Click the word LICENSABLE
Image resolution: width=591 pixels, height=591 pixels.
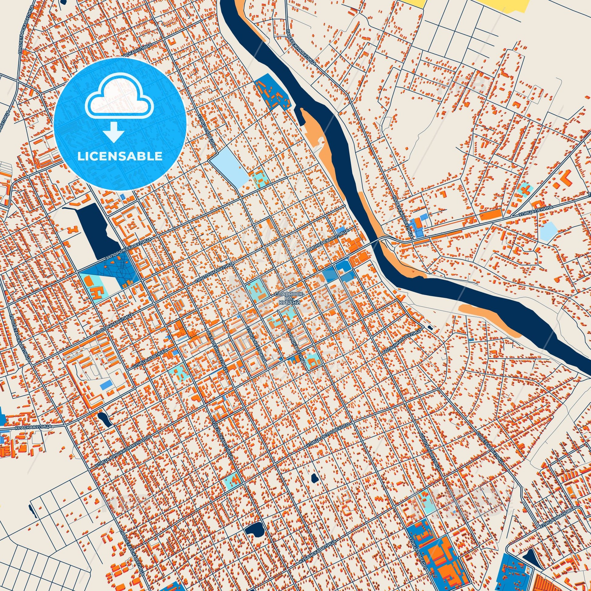coord(120,156)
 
